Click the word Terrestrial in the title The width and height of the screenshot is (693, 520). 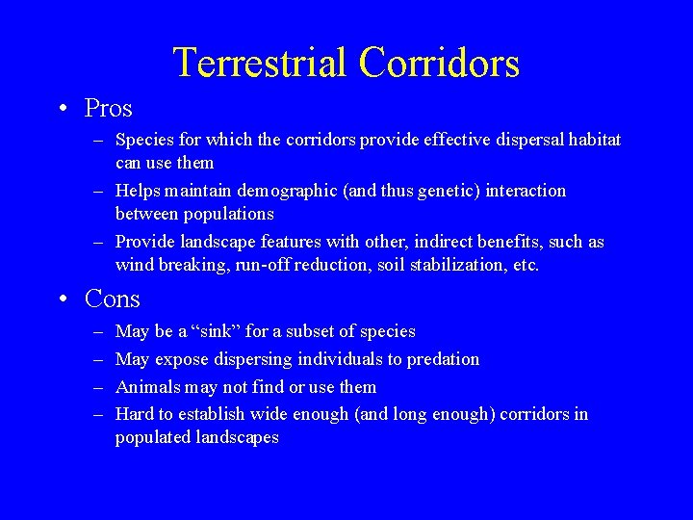coord(259,64)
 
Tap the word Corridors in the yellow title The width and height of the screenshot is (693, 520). coord(439,64)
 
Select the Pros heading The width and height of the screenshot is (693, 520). coord(108,108)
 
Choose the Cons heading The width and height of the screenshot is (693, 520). coord(113,299)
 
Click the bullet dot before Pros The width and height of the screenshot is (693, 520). coord(61,109)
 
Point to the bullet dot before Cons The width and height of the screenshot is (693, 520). coord(61,299)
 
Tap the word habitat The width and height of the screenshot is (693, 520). coord(593,141)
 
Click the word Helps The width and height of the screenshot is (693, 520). coord(138,191)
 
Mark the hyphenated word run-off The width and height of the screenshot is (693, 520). coord(267,265)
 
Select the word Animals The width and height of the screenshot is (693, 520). coord(148,387)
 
